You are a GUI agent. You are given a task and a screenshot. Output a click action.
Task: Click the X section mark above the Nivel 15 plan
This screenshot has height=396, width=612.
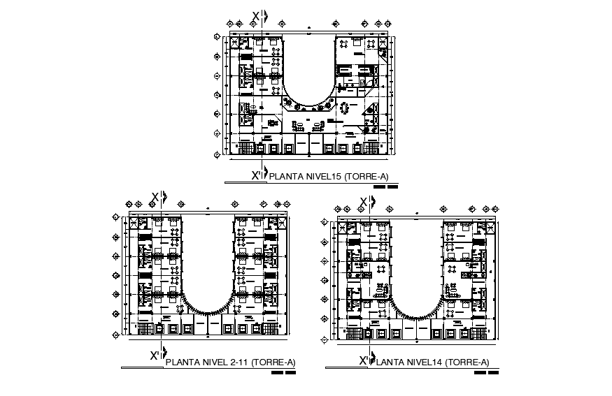pos(257,17)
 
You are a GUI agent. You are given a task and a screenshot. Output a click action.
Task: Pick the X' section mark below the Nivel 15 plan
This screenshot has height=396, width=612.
pos(257,176)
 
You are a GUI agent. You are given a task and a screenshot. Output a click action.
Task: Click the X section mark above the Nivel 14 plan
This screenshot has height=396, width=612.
pos(364,203)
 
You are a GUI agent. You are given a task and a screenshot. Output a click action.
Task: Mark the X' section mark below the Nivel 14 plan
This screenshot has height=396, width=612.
pos(364,360)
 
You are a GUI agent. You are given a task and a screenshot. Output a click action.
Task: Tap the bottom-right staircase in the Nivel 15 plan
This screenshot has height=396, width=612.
pos(371,147)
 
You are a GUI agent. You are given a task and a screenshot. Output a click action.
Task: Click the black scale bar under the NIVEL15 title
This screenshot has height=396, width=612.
pos(385,187)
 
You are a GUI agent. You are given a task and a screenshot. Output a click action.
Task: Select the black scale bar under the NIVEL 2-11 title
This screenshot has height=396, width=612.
pos(283,372)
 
